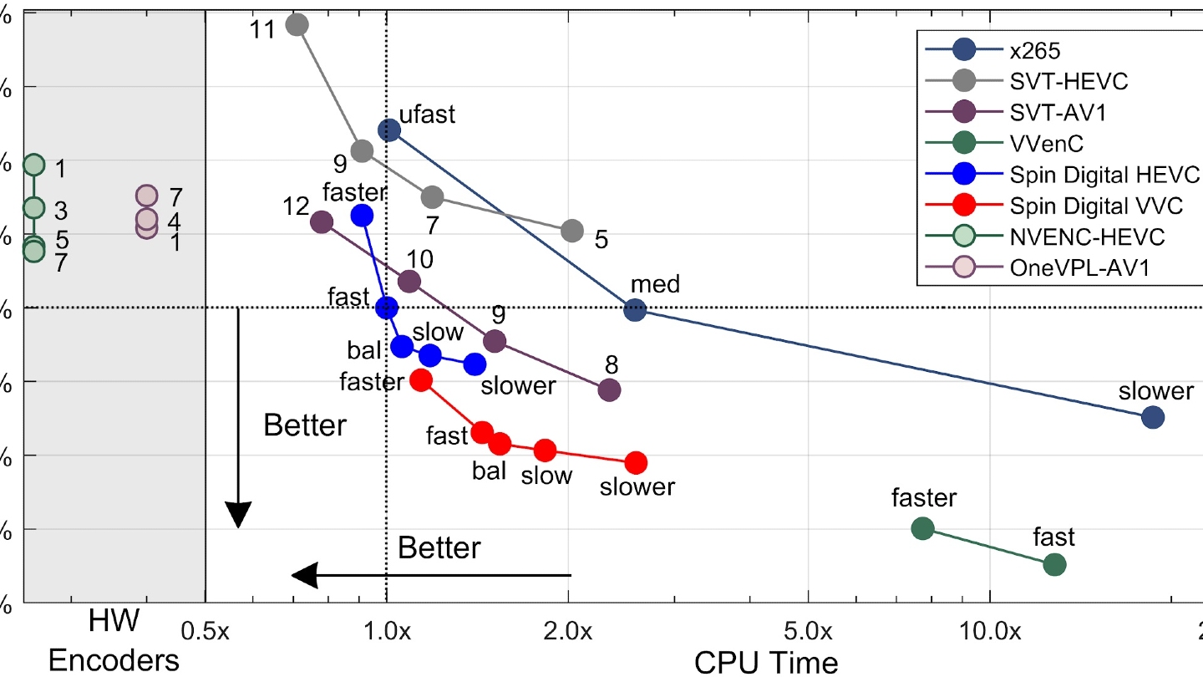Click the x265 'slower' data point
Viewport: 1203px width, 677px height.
pyautogui.click(x=1153, y=417)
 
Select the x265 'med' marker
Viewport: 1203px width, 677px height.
pyautogui.click(x=636, y=310)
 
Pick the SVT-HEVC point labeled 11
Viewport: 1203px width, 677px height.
pyautogui.click(x=297, y=24)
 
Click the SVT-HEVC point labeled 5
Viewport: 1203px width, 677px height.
pyautogui.click(x=572, y=230)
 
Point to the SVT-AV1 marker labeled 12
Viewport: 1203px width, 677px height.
pyautogui.click(x=321, y=221)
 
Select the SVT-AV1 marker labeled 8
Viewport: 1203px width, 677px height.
pyautogui.click(x=610, y=389)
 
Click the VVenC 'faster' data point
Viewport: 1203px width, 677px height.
pyautogui.click(x=922, y=528)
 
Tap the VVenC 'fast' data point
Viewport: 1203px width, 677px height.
pyautogui.click(x=1055, y=564)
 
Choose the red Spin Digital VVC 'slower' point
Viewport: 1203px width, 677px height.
pyautogui.click(x=637, y=462)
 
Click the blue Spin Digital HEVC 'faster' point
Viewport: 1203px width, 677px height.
pyautogui.click(x=362, y=215)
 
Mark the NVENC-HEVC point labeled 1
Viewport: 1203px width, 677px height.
pyautogui.click(x=33, y=165)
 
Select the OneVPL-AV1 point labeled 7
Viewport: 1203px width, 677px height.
pyautogui.click(x=146, y=196)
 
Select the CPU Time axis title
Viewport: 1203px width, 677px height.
pyautogui.click(x=766, y=662)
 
